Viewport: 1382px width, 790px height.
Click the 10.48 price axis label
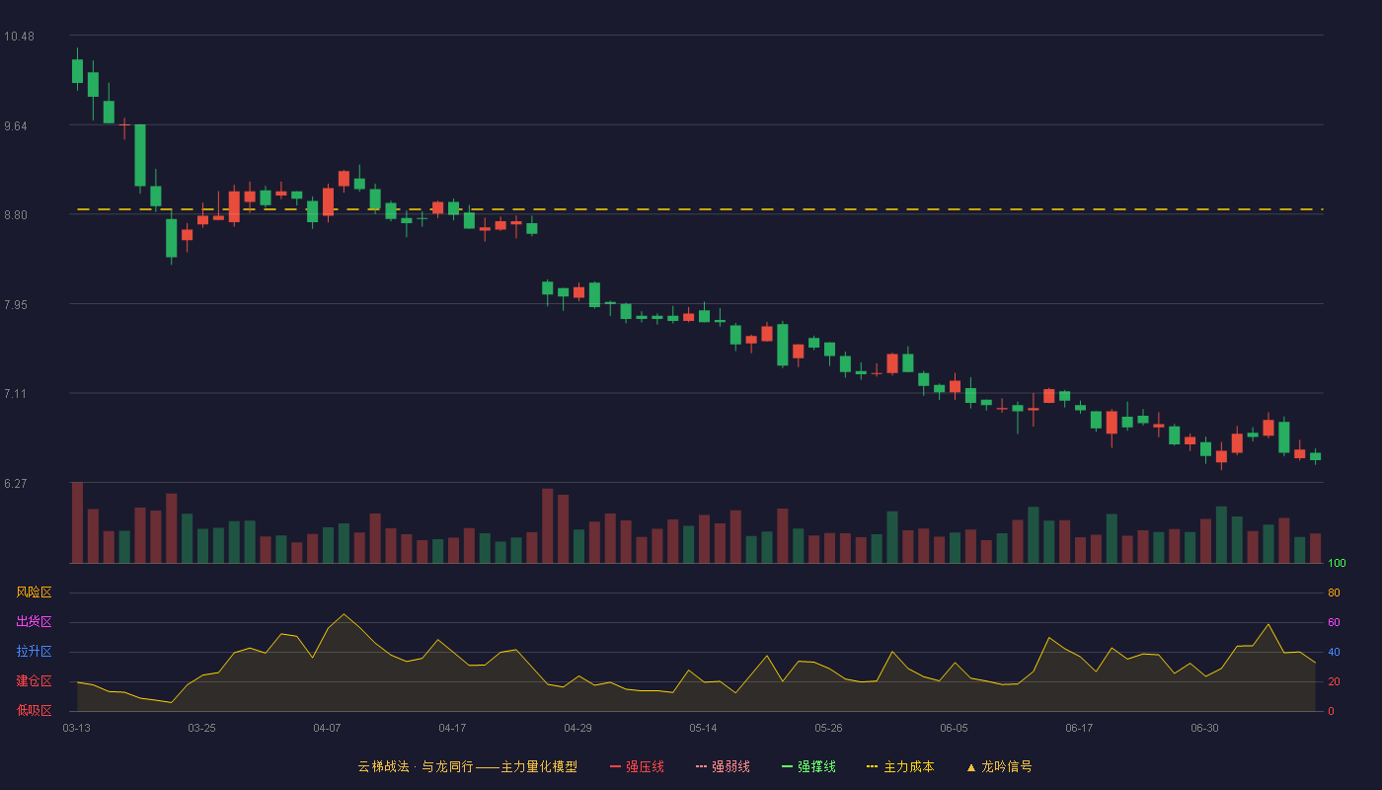[x=19, y=37]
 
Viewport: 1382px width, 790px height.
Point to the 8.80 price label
[x=16, y=215]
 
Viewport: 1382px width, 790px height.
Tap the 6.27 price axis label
[x=16, y=484]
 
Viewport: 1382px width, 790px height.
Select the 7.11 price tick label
[x=16, y=394]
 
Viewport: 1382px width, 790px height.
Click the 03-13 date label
[x=77, y=729]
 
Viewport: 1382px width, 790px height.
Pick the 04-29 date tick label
[x=577, y=729]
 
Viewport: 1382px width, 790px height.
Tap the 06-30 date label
[x=1204, y=729]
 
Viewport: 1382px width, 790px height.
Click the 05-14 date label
[x=703, y=729]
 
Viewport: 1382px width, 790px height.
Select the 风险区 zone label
[x=34, y=592]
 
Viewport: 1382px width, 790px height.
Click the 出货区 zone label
[x=34, y=621]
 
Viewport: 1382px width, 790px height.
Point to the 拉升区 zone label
[x=34, y=651]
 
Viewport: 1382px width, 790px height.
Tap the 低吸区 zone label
[x=34, y=710]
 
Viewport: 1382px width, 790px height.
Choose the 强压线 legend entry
[x=637, y=766]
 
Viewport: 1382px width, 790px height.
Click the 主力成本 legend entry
[x=900, y=766]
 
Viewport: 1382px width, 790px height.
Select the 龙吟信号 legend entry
[x=999, y=766]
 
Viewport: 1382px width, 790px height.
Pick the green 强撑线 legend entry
[x=808, y=766]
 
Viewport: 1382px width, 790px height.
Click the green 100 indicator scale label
[x=1337, y=563]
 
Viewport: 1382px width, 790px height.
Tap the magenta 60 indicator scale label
[x=1334, y=622]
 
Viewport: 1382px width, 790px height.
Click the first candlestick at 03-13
[x=77, y=71]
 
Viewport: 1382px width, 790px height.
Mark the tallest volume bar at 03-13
[x=77, y=522]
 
